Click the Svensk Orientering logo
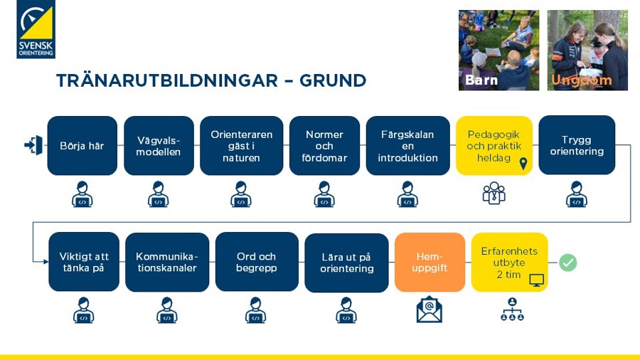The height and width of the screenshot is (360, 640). click(36, 29)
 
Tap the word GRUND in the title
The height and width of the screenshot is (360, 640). click(333, 80)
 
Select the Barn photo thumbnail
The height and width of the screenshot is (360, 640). click(498, 51)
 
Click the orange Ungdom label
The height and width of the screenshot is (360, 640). click(581, 80)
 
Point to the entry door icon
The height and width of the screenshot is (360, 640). click(33, 145)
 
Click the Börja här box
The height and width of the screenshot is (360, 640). click(82, 146)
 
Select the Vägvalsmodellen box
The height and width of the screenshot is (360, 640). click(159, 146)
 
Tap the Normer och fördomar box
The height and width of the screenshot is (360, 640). click(324, 146)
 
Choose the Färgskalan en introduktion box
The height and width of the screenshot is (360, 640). click(407, 146)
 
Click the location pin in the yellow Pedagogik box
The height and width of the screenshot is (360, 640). click(523, 164)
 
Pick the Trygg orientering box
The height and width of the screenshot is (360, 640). click(577, 145)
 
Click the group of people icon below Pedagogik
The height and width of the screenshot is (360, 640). click(494, 193)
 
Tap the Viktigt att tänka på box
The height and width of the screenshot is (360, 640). click(84, 262)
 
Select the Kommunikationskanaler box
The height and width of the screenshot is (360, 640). click(167, 262)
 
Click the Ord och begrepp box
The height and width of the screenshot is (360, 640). click(257, 262)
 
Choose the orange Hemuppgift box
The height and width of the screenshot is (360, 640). click(430, 262)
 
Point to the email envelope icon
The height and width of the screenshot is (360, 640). click(429, 309)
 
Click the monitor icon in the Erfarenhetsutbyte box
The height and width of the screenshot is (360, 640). click(536, 280)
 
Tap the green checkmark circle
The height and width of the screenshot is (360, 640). click(567, 263)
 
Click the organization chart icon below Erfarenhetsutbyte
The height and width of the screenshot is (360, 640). click(512, 309)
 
